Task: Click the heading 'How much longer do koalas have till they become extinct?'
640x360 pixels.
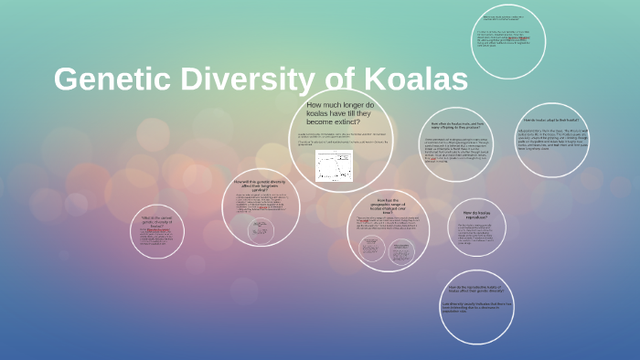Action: tap(340, 113)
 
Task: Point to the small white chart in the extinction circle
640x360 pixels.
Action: tap(334, 165)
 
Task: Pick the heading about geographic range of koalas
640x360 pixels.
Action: tap(389, 205)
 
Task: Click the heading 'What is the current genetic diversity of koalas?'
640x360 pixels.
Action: tap(157, 222)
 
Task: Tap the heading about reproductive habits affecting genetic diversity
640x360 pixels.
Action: tap(477, 291)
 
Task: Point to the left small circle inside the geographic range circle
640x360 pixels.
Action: tap(371, 248)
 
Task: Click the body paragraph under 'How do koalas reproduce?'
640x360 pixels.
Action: tap(477, 233)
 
